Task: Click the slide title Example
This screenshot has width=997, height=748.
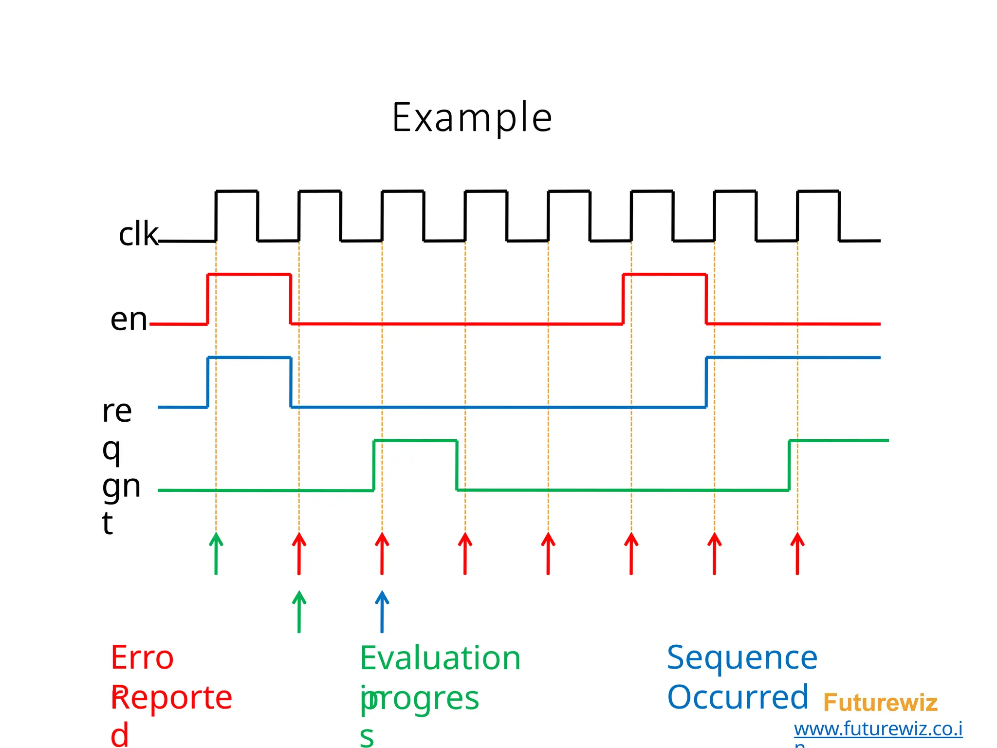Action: coord(472,117)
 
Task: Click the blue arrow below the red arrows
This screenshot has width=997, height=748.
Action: coord(382,612)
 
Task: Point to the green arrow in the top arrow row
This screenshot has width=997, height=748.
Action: coord(216,554)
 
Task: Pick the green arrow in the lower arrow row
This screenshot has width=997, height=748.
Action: coord(299,612)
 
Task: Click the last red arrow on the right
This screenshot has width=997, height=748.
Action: coord(797,554)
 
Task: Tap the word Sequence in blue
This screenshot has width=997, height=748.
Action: coord(741,658)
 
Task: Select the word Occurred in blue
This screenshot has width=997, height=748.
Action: coord(738,697)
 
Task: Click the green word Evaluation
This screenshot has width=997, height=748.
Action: coord(440,658)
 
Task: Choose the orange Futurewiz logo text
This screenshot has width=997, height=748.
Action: coord(880,703)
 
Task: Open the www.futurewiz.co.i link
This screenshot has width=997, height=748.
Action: coord(878,729)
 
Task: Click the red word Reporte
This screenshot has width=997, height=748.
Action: coord(171,697)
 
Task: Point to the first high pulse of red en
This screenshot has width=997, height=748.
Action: coord(249,275)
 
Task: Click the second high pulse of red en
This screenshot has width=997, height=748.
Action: coord(665,275)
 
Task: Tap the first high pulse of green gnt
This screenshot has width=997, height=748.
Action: coord(415,441)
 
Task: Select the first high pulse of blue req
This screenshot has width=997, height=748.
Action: coord(249,358)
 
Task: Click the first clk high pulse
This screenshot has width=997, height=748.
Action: coord(237,192)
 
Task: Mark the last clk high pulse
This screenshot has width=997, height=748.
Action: coord(818,192)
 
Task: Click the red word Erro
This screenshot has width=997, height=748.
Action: coord(142,658)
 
